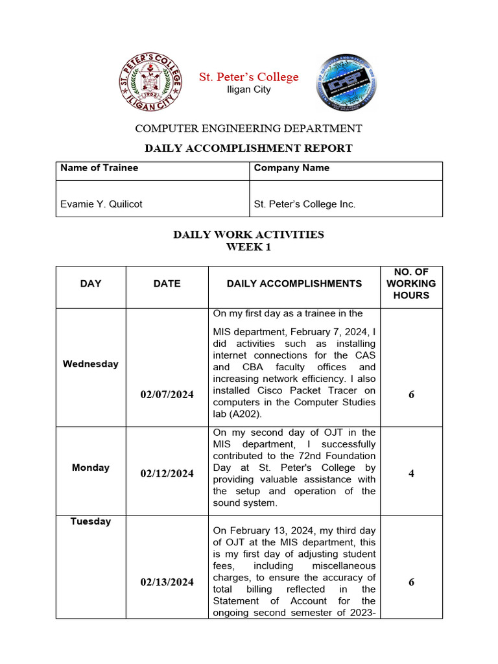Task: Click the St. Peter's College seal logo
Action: tap(150, 82)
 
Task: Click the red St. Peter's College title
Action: tap(248, 77)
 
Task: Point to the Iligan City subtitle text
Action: tap(248, 89)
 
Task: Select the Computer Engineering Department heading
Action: tap(248, 128)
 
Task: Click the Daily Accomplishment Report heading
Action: tap(248, 148)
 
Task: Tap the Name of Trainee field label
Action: tap(99, 168)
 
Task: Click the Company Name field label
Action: tap(291, 168)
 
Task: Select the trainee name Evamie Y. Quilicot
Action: tap(101, 204)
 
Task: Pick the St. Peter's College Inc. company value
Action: tap(305, 204)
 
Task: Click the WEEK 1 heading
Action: tap(248, 247)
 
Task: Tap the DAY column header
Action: tap(91, 283)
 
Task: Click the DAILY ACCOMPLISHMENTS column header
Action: tap(294, 283)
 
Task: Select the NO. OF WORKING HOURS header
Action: tap(411, 283)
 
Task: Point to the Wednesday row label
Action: tap(91, 364)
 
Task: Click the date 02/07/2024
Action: tap(167, 394)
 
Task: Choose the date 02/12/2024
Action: tap(167, 473)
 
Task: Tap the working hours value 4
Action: tap(411, 473)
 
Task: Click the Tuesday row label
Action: tap(91, 521)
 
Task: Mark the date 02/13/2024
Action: tap(167, 582)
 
